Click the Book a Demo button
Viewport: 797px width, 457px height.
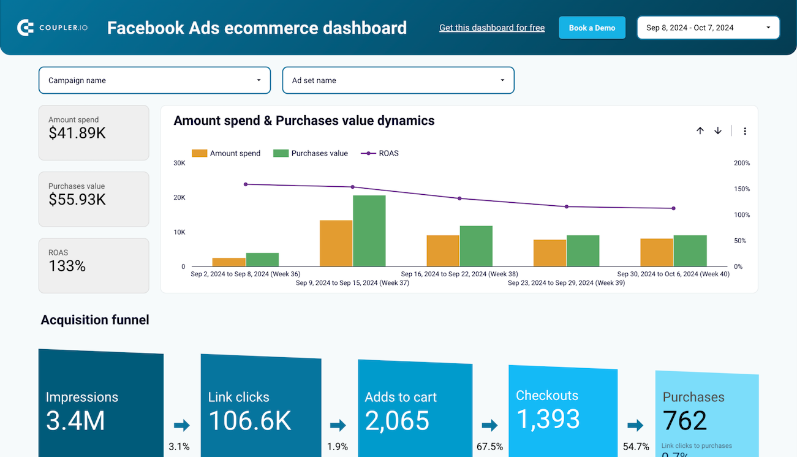[592, 28]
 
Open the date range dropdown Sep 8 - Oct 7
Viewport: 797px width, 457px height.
[708, 28]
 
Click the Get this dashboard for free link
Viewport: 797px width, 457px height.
[492, 28]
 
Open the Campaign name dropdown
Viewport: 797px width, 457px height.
[154, 80]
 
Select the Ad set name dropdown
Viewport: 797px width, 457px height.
[398, 80]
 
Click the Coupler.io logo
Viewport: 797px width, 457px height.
[53, 28]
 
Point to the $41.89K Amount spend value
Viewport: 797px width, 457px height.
[77, 133]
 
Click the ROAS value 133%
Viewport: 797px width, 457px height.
[67, 266]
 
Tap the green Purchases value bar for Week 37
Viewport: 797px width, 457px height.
[369, 231]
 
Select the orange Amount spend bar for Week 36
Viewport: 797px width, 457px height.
[229, 262]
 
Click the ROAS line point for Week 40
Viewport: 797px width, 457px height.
[673, 208]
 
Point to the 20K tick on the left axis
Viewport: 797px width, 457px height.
[179, 197]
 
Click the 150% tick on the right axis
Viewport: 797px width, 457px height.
[741, 189]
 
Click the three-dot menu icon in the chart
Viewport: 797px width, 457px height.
[745, 131]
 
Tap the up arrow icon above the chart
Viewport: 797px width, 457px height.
[700, 131]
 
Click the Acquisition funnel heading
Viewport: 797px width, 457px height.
[95, 320]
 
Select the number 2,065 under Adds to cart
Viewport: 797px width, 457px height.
[397, 421]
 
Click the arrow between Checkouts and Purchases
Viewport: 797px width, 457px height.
[635, 425]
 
